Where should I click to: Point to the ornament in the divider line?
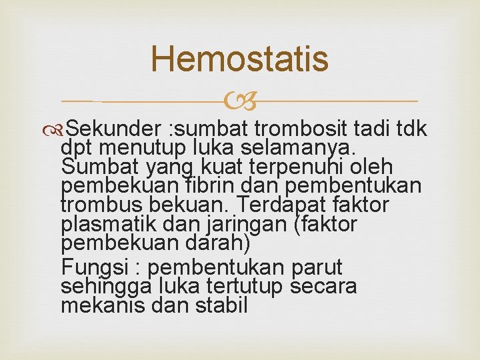[239, 101]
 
